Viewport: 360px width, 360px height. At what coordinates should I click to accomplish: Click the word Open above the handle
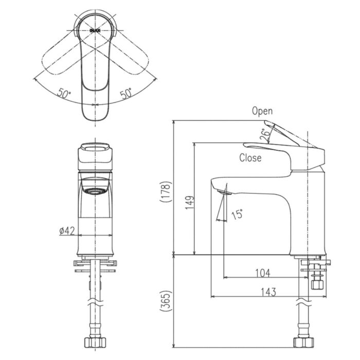click(262, 111)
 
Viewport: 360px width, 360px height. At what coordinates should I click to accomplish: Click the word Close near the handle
click(250, 158)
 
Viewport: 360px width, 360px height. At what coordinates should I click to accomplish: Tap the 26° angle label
click(264, 135)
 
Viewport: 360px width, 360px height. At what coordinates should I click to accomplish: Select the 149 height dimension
click(190, 202)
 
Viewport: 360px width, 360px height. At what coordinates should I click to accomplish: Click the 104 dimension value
click(262, 273)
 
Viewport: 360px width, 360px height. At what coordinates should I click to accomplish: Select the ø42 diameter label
click(67, 231)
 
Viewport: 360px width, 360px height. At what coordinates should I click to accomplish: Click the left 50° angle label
click(64, 94)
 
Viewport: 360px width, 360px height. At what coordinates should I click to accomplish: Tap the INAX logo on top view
click(95, 30)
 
